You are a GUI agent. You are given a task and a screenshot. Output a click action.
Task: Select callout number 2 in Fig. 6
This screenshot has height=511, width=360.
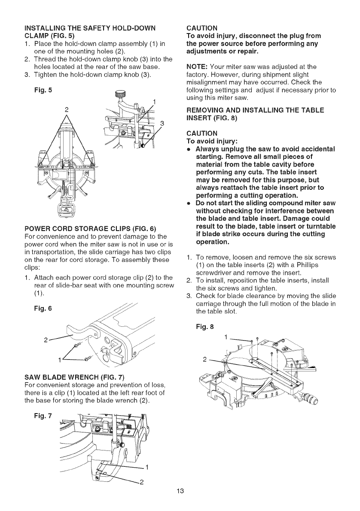coord(46,342)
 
